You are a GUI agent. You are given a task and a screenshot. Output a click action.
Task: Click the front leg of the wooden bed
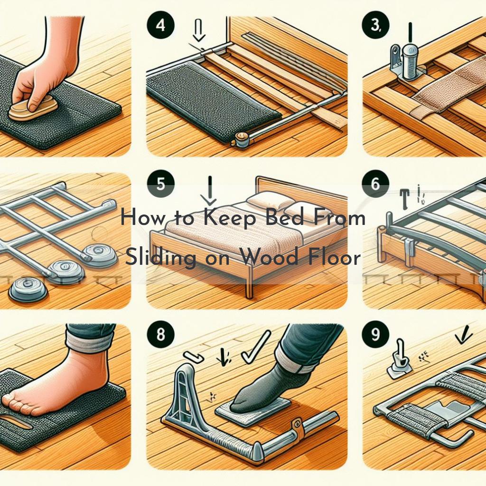coord(248,285)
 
